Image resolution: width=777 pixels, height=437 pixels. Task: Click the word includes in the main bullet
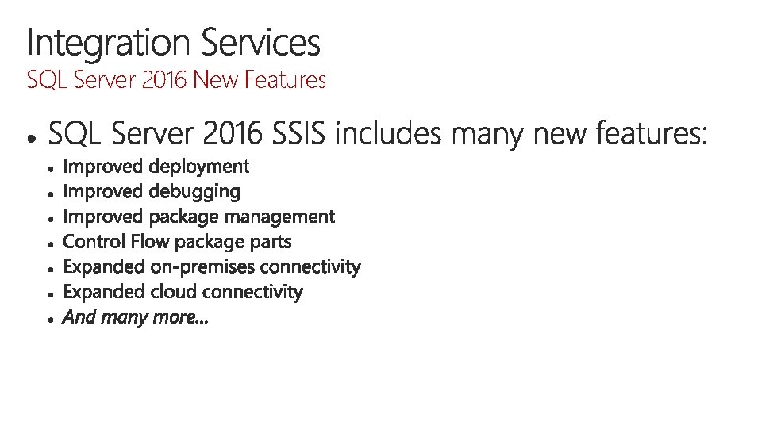click(x=389, y=136)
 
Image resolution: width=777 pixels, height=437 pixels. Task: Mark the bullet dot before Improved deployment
click(x=50, y=168)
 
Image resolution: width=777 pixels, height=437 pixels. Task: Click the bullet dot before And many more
click(x=50, y=319)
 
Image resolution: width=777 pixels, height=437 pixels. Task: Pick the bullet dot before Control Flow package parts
click(x=50, y=243)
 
